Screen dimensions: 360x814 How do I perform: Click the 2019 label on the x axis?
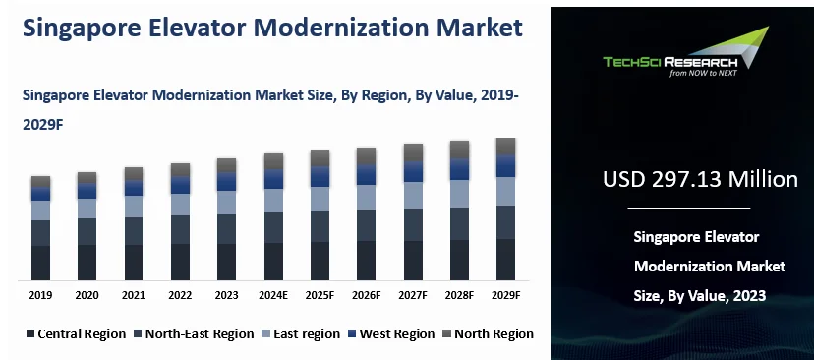[x=40, y=295]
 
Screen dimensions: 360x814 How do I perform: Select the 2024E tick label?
[x=273, y=295]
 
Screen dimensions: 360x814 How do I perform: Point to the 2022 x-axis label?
[x=180, y=295]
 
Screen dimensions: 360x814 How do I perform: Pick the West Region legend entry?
[x=392, y=333]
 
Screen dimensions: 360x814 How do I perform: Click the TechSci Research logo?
[x=678, y=56]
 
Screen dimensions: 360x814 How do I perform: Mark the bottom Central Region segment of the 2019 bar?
[x=40, y=263]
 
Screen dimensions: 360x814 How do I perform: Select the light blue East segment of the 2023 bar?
[x=227, y=203]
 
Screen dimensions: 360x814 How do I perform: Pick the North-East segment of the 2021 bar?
[x=134, y=230]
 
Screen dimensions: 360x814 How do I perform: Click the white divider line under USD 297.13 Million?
[x=688, y=209]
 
